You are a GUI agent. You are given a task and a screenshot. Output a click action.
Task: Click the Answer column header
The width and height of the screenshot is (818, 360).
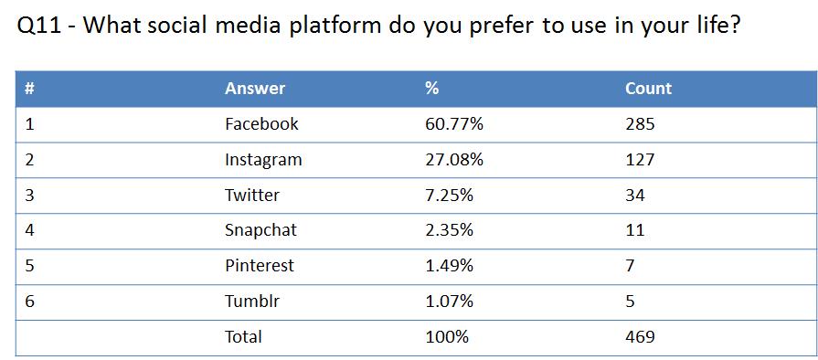255,89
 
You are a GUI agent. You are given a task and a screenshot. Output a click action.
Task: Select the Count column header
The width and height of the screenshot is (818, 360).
648,89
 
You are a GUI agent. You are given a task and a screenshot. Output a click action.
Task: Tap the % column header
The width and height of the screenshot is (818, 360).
432,89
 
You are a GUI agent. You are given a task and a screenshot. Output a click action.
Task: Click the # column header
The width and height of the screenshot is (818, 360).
30,89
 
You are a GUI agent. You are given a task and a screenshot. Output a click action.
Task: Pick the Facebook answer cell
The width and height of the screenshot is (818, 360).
261,124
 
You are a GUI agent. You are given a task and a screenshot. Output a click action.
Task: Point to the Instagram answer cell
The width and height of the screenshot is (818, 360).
263,160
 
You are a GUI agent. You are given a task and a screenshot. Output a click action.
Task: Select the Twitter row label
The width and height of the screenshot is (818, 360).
252,196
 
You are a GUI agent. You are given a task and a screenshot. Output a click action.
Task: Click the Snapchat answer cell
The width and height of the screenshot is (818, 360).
260,230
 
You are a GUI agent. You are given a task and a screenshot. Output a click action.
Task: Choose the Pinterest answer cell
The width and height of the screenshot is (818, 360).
260,266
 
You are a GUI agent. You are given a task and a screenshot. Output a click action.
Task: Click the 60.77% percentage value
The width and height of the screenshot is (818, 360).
454,124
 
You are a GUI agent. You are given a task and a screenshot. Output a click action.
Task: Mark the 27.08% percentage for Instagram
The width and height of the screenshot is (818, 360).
454,160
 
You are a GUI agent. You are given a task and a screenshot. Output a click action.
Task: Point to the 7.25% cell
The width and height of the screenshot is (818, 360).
450,196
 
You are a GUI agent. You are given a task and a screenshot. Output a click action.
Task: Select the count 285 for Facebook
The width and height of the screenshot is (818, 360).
640,124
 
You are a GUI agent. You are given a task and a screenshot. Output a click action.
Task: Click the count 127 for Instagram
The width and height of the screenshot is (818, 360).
640,160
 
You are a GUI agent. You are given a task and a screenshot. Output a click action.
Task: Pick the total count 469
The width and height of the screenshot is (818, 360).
640,337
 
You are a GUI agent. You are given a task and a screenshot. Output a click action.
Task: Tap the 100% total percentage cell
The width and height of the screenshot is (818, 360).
447,337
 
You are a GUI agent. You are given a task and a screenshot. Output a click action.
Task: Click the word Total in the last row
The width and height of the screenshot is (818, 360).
243,337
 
